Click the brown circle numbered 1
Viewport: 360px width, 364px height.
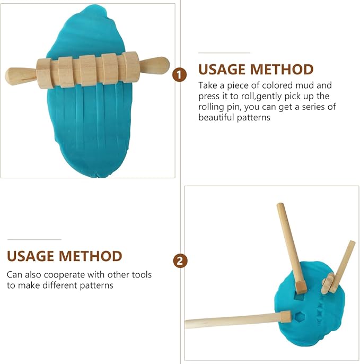tap(179, 75)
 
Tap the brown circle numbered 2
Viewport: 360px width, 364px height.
tap(180, 262)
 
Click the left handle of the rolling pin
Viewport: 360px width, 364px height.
tap(20, 76)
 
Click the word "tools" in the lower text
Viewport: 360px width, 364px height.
tap(142, 275)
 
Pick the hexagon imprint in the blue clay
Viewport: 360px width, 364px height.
tap(301, 317)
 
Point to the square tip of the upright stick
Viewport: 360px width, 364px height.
tap(301, 287)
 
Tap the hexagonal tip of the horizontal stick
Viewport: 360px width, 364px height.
tap(286, 317)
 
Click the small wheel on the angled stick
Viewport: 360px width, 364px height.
tap(328, 283)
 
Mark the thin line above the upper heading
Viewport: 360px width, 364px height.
tap(224, 53)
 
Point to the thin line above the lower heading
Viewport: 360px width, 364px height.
tap(34, 240)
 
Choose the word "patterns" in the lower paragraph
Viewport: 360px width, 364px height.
tap(96, 285)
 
